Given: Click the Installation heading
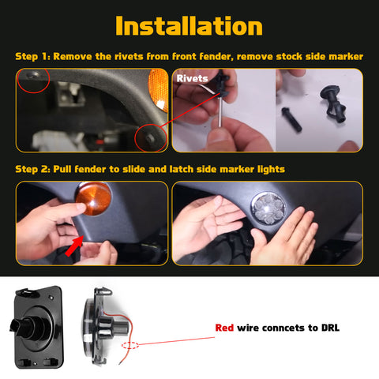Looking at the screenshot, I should (x=189, y=25).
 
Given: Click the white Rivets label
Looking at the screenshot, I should (x=193, y=79).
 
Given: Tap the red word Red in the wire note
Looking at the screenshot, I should (x=225, y=328).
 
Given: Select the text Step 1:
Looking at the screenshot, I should (x=35, y=57).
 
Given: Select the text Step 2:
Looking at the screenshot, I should (x=35, y=169).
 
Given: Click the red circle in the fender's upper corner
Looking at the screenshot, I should (x=33, y=79).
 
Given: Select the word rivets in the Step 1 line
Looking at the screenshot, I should (x=127, y=57).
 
